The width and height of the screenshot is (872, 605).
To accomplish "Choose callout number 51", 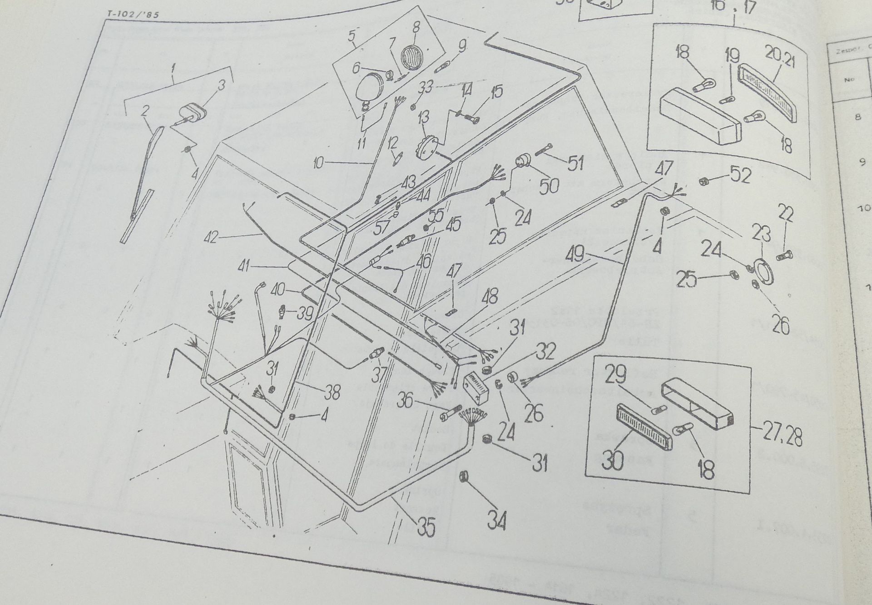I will click(575, 163).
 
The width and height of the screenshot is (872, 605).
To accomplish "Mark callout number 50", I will click(549, 185).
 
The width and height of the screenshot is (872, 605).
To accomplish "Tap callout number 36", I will click(410, 401).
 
